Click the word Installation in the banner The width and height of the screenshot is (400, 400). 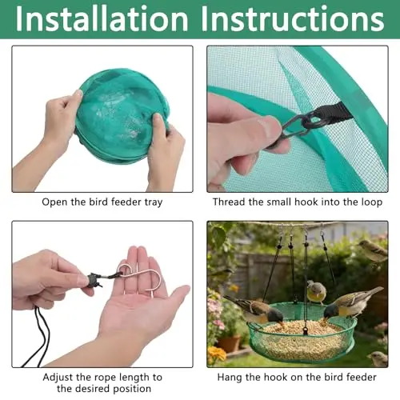[102, 19]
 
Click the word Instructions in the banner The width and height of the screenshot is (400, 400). [293, 19]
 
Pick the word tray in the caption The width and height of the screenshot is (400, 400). [154, 202]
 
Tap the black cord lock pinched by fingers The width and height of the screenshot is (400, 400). [93, 280]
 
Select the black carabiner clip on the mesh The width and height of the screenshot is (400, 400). [296, 127]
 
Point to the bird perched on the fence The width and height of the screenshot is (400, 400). [373, 250]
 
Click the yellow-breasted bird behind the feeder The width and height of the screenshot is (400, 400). [316, 292]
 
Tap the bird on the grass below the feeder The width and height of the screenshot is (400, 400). [378, 358]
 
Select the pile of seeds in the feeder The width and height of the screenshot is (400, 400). [302, 338]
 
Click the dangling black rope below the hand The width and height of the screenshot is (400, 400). [40, 338]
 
